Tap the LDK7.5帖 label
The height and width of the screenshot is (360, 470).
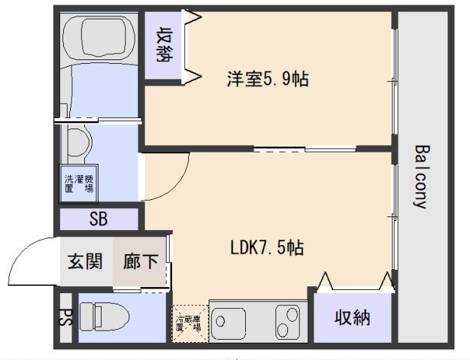pyautogui.click(x=267, y=247)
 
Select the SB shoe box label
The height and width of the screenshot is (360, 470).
pyautogui.click(x=98, y=219)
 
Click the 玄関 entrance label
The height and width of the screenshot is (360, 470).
pyautogui.click(x=85, y=262)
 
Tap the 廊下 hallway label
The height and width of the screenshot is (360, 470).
pyautogui.click(x=141, y=262)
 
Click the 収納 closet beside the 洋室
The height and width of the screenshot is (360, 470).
pyautogui.click(x=164, y=44)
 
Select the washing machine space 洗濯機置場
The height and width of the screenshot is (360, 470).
pyautogui.click(x=79, y=185)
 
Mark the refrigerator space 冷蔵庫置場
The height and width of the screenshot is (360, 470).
pyautogui.click(x=189, y=323)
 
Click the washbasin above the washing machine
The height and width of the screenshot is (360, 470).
pyautogui.click(x=77, y=140)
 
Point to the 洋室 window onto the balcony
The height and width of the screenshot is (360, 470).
pyautogui.click(x=394, y=79)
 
